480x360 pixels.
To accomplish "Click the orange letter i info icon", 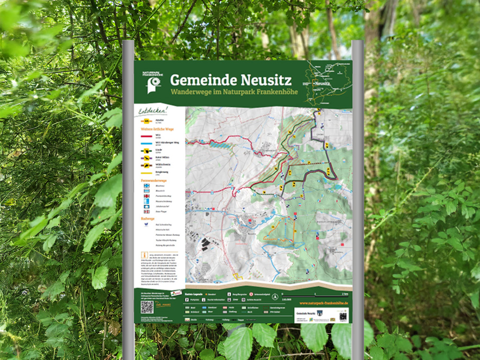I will click(143, 255).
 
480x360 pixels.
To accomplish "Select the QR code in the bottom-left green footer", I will click(147, 307).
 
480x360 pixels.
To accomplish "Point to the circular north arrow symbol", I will click(275, 296).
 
